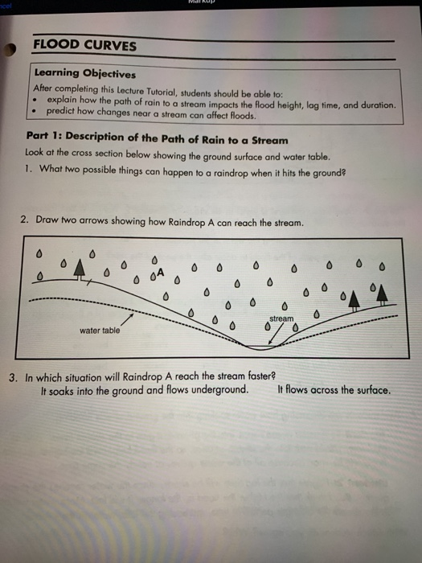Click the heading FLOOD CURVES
84,46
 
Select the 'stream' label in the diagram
281,319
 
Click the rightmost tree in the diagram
383,292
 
